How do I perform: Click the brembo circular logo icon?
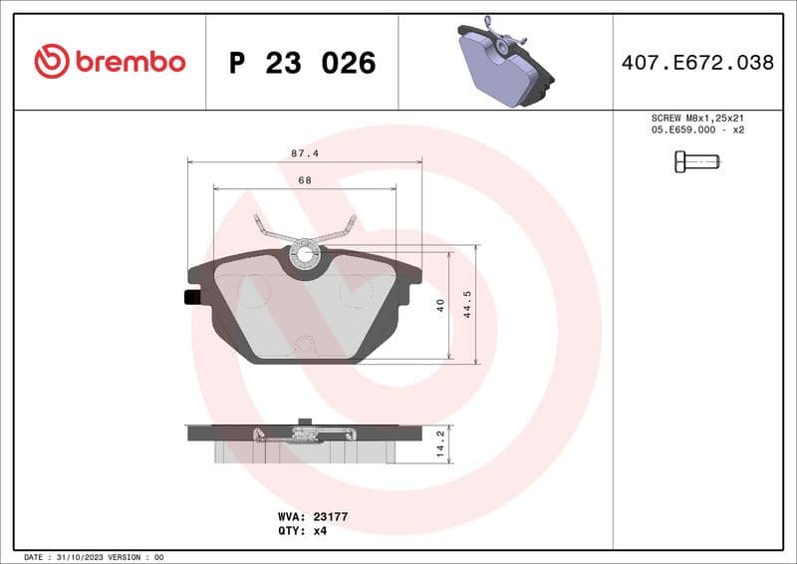click(x=51, y=62)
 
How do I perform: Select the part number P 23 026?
click(x=302, y=63)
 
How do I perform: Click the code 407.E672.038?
click(x=696, y=63)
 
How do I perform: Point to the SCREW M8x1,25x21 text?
click(x=696, y=118)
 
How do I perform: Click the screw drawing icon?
click(x=696, y=160)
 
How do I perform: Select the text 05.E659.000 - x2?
click(x=696, y=131)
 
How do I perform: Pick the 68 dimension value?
click(x=304, y=180)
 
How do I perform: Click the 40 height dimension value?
click(x=440, y=306)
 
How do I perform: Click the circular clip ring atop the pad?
click(x=304, y=256)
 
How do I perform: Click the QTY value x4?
click(x=320, y=531)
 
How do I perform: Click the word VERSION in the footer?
click(x=125, y=557)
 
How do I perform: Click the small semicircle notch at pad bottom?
click(x=306, y=347)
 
